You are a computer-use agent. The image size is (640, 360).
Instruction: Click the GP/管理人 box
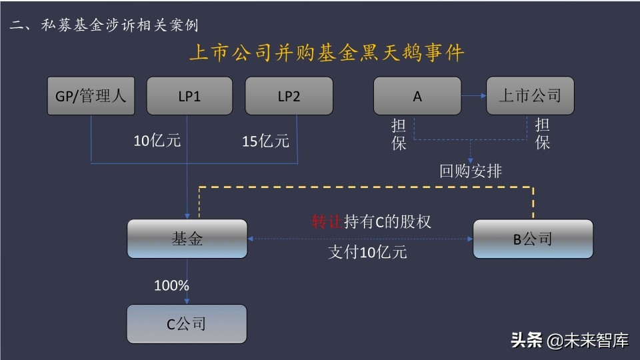pos(91,96)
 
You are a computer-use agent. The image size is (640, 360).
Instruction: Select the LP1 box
pos(189,96)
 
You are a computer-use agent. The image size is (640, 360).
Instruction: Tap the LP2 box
pos(289,96)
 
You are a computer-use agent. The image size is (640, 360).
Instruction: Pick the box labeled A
pos(417,96)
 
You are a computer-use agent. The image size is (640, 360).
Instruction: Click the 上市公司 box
pos(530,96)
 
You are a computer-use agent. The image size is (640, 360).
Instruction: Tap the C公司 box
pos(187,324)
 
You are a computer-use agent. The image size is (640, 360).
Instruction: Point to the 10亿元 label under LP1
pos(157,141)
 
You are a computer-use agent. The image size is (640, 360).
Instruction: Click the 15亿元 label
pos(265,141)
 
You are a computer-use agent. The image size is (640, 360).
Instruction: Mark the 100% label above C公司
pos(171,285)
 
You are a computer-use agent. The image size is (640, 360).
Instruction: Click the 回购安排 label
pos(471,171)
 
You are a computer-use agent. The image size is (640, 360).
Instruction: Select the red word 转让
pos(327,221)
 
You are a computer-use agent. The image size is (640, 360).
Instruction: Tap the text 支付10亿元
pos(367,252)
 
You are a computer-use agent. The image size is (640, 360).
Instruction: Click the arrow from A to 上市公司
pos(473,96)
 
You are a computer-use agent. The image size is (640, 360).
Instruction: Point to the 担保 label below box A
pos(399,134)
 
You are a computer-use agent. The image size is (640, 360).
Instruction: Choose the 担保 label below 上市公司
pos(543,134)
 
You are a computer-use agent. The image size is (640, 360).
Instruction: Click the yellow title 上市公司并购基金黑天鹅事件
pos(327,53)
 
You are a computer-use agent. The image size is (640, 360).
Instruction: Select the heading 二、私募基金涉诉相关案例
pos(104,25)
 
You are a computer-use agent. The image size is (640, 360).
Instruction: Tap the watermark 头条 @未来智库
pos(570,341)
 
